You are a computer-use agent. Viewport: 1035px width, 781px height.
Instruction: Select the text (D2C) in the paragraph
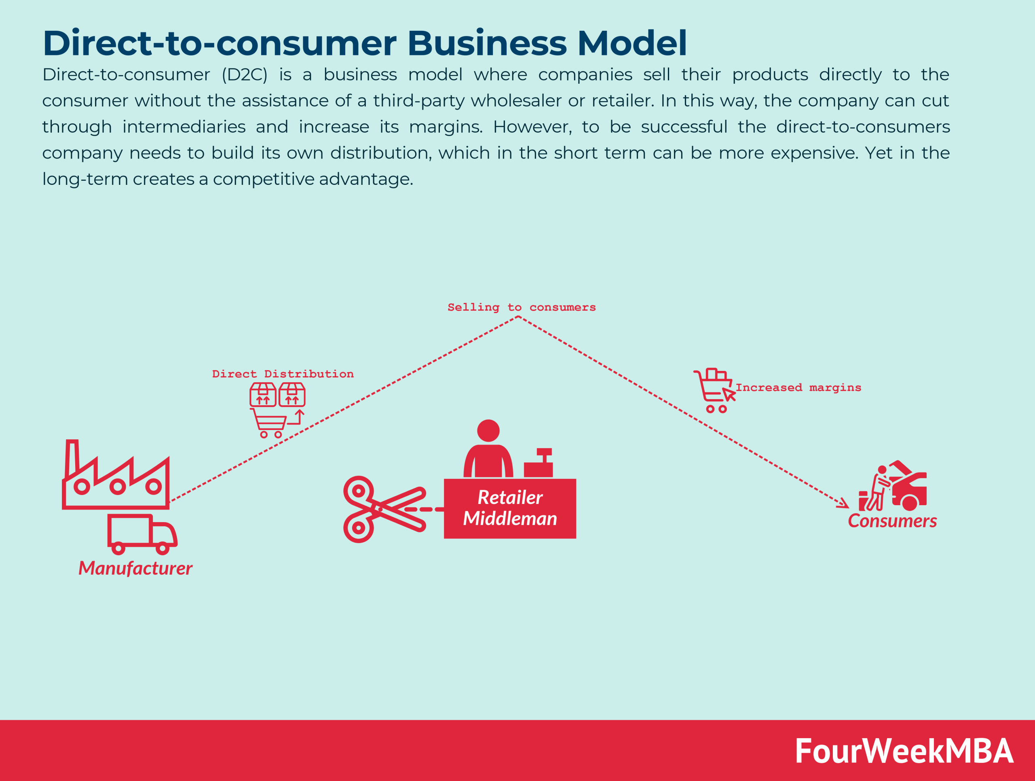point(244,75)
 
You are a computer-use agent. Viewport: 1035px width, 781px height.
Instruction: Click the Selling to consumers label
point(521,307)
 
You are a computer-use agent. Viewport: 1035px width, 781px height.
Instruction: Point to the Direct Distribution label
point(283,374)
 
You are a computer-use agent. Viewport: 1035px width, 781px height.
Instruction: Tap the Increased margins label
point(798,387)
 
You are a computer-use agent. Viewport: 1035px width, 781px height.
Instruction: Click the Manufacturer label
point(135,568)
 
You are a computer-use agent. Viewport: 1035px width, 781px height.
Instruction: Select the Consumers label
point(892,521)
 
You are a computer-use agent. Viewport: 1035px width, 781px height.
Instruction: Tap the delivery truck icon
point(142,533)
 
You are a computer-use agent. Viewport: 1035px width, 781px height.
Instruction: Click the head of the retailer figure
point(488,430)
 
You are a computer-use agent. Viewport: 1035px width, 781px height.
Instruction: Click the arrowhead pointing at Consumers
point(844,504)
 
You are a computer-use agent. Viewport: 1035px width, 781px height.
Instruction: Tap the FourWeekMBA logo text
point(904,751)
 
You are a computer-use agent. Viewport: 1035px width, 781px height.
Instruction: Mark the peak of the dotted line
point(518,317)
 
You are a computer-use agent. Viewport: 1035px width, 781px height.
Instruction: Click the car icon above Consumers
point(909,489)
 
